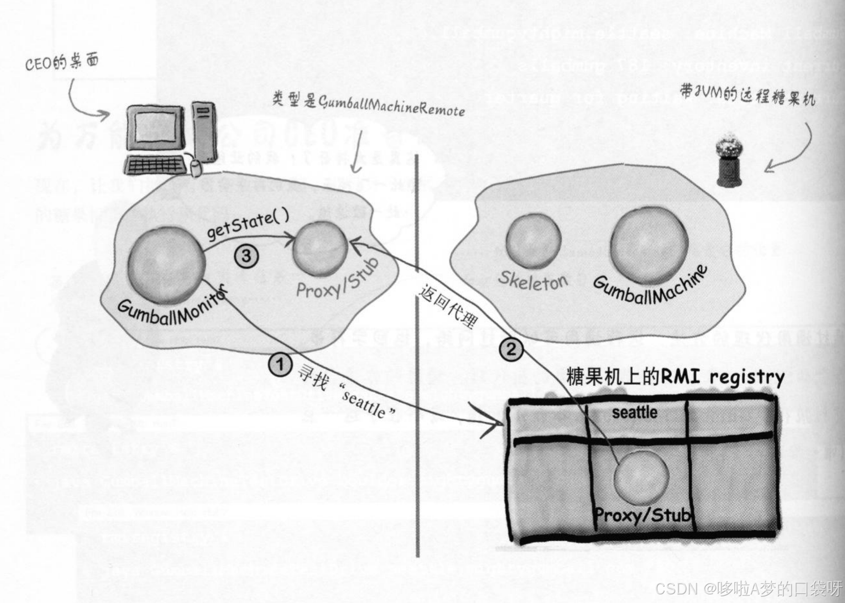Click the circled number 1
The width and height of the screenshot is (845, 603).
point(280,365)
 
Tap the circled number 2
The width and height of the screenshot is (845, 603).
point(511,349)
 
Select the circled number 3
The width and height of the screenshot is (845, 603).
point(246,256)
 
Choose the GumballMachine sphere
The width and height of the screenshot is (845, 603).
point(649,245)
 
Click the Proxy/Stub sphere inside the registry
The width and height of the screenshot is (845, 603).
point(641,476)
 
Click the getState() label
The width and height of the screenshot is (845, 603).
point(248,225)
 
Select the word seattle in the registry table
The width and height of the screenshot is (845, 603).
point(634,413)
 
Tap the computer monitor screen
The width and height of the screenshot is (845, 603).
point(154,125)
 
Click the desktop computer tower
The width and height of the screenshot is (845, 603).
point(204,131)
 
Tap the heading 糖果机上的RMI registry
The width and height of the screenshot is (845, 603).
point(675,377)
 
